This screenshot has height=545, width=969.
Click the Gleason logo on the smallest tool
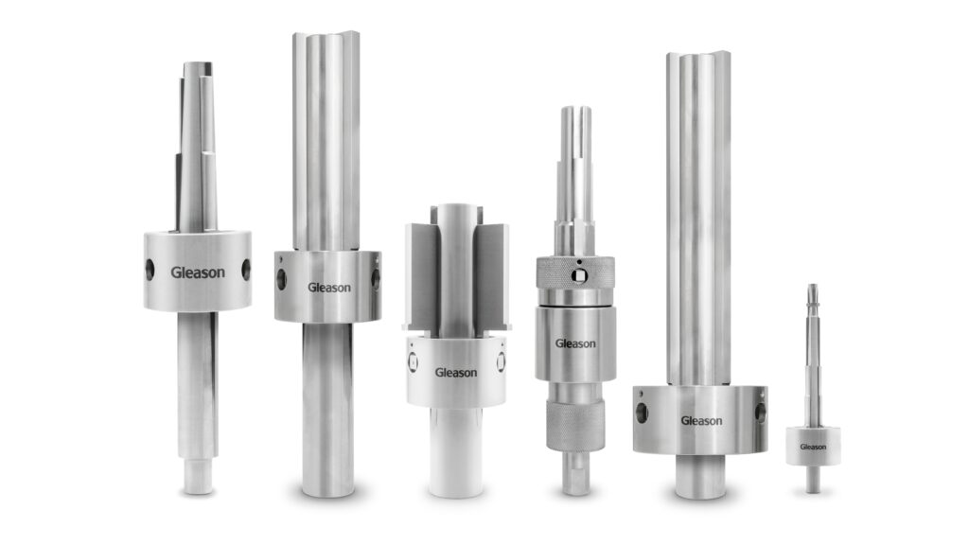point(813,447)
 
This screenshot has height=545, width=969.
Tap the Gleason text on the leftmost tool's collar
point(198,272)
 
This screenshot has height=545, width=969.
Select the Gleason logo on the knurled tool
point(575,343)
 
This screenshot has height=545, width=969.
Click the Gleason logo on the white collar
point(456,372)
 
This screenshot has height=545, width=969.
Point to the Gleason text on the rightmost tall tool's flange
point(701,420)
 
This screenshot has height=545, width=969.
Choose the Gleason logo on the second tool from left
point(327,287)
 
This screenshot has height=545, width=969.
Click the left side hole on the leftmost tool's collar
point(150,270)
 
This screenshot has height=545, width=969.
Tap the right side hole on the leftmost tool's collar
point(246,270)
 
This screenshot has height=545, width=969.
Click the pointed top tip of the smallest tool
point(812,288)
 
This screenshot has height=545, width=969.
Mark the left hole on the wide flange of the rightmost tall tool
point(643,413)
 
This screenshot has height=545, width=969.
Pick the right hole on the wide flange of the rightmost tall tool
point(760,413)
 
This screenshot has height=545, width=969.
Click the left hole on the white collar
point(412,360)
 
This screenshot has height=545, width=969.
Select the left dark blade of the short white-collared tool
point(423,274)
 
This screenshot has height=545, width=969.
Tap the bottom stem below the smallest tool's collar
point(813,478)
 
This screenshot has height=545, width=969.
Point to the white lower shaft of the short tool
point(456,452)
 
